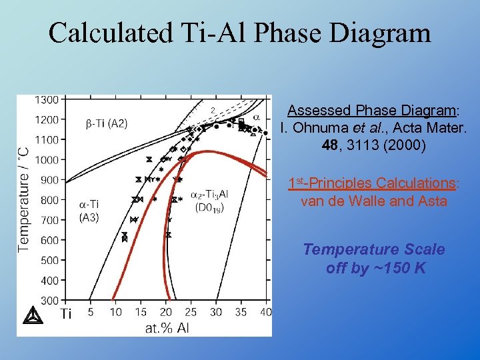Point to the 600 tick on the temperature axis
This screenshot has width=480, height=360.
(x=50, y=240)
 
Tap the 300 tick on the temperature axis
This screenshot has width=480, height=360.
(x=50, y=300)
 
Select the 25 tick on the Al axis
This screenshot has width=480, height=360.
(x=191, y=312)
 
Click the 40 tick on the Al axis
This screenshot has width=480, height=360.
(x=265, y=312)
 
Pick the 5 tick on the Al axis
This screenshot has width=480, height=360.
(x=91, y=312)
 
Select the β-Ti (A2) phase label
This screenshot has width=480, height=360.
(x=107, y=123)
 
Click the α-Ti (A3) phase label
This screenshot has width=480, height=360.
(x=89, y=210)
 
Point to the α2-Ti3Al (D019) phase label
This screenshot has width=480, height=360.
(x=209, y=201)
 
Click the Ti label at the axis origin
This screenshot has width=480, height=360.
(x=66, y=313)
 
